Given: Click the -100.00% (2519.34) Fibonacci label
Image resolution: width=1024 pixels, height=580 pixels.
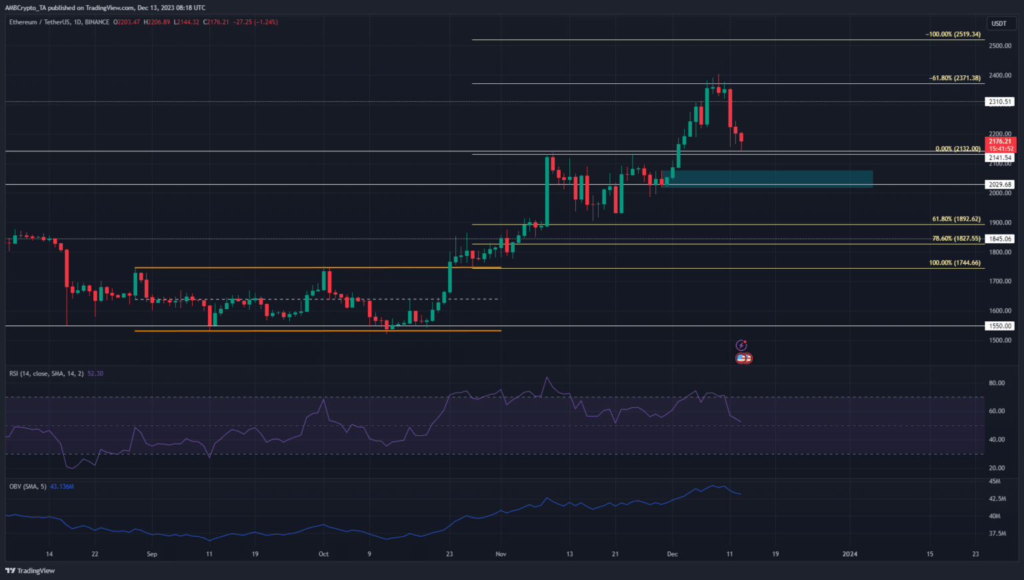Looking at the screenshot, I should (953, 34).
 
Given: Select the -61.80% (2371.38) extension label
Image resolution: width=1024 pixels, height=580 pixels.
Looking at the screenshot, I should (955, 78).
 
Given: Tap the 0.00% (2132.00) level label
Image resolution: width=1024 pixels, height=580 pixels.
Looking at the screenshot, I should (957, 149).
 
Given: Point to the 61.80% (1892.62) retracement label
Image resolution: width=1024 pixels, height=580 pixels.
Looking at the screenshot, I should (956, 219).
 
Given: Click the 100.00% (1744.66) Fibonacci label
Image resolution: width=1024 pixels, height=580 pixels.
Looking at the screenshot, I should (955, 263).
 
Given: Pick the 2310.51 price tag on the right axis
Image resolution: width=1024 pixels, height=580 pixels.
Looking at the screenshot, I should (999, 102).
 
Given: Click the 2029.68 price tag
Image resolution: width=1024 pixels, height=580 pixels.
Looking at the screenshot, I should (999, 185).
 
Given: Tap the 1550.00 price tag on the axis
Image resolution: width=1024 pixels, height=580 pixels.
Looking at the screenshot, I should (999, 326).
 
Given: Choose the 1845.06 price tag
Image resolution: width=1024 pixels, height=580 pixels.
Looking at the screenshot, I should (999, 239).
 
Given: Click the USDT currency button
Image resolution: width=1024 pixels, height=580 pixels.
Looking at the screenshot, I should (999, 23).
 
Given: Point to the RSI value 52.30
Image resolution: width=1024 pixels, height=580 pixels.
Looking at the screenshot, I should (95, 373).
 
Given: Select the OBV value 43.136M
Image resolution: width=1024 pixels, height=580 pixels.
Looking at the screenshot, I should (61, 487).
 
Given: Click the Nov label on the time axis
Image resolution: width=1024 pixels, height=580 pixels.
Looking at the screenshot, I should (501, 554).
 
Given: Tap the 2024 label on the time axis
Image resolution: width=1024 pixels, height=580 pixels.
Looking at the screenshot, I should (849, 554).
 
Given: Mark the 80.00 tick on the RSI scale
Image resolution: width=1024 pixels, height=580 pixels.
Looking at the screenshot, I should (997, 383).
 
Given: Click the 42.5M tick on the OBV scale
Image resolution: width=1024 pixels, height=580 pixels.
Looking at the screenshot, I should (997, 499).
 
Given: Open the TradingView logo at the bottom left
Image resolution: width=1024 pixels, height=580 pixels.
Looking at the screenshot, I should (30, 571).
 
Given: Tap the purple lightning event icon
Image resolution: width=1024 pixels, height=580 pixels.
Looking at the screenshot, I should (741, 345).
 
